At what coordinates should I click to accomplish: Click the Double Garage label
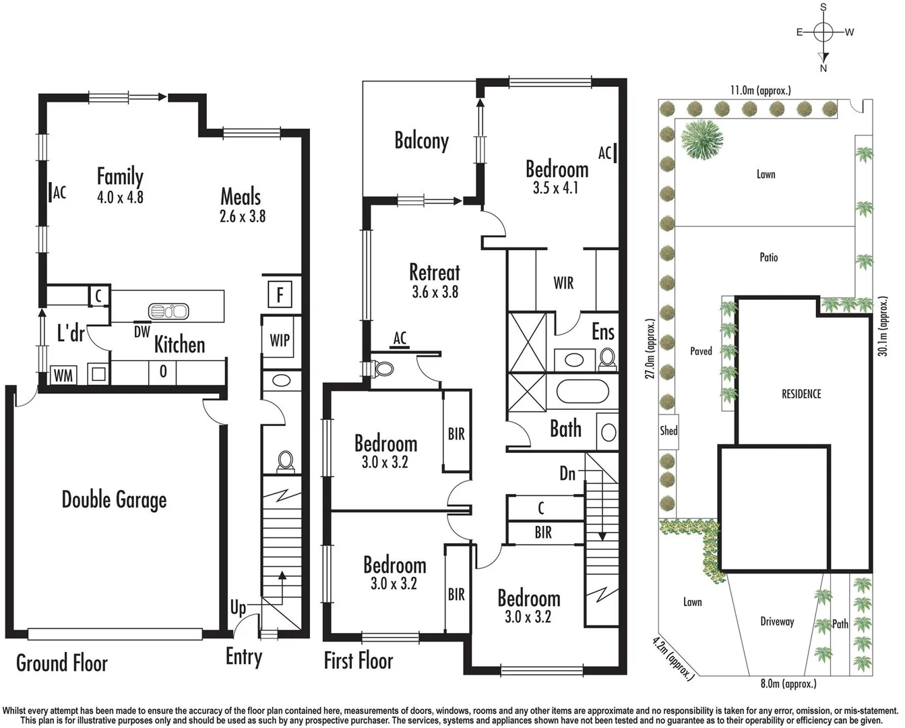point(114,499)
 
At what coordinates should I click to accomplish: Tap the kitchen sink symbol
point(168,311)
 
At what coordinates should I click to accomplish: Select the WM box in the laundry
point(63,375)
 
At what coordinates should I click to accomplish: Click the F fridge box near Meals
point(279,295)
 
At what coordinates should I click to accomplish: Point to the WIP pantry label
point(279,340)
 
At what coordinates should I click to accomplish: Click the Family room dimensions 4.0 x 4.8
point(120,198)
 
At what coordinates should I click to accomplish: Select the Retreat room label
point(435,272)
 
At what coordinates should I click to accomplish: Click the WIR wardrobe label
point(563,283)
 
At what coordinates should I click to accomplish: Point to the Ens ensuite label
point(602,332)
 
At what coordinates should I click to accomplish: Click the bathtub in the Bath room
point(583,391)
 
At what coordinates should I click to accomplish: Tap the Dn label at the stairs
point(567,474)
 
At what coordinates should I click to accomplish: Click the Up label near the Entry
point(238,608)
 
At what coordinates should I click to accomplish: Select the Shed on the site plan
point(668,431)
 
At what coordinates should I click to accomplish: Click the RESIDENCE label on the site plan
point(801,394)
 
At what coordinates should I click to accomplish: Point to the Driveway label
point(777,621)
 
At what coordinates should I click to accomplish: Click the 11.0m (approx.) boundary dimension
point(761,90)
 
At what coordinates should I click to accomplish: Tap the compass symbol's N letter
point(823,68)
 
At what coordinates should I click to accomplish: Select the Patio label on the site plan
point(768,257)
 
